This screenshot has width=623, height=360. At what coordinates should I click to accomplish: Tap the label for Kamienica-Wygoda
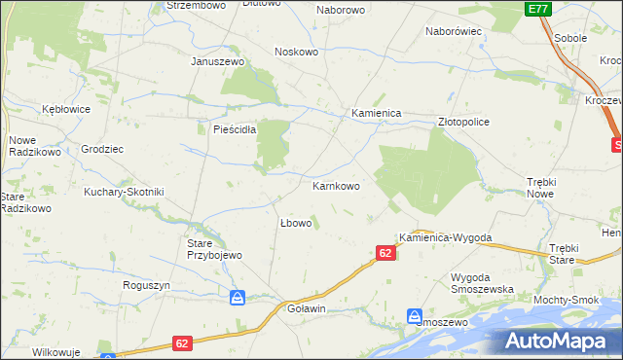446,238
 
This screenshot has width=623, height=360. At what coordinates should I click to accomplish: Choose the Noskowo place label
297,52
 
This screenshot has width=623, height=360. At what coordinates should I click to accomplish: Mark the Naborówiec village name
455,31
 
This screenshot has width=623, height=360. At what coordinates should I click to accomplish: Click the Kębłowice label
66,109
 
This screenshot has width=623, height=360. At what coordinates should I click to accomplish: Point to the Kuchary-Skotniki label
124,192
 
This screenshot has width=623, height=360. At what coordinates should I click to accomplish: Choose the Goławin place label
306,308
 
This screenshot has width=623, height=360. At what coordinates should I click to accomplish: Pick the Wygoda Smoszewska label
482,283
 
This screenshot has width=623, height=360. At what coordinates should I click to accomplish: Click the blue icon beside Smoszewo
415,316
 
